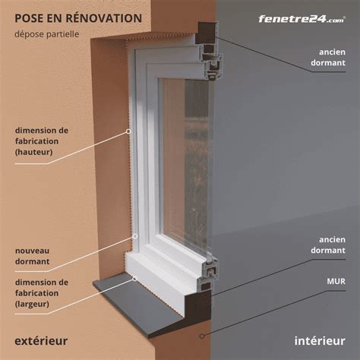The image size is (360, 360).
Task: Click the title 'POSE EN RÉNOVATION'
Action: coord(78,17)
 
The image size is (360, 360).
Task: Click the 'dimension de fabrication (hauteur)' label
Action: coord(41,141)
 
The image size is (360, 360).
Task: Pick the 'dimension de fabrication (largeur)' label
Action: coord(41,293)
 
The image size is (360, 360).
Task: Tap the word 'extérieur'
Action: coord(41,340)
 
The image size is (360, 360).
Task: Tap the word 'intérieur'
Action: coord(314,340)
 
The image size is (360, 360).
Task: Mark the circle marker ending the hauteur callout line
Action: coord(128,131)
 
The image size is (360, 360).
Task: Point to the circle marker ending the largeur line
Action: coord(134,279)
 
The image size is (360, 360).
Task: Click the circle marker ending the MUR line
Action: coord(202,335)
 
